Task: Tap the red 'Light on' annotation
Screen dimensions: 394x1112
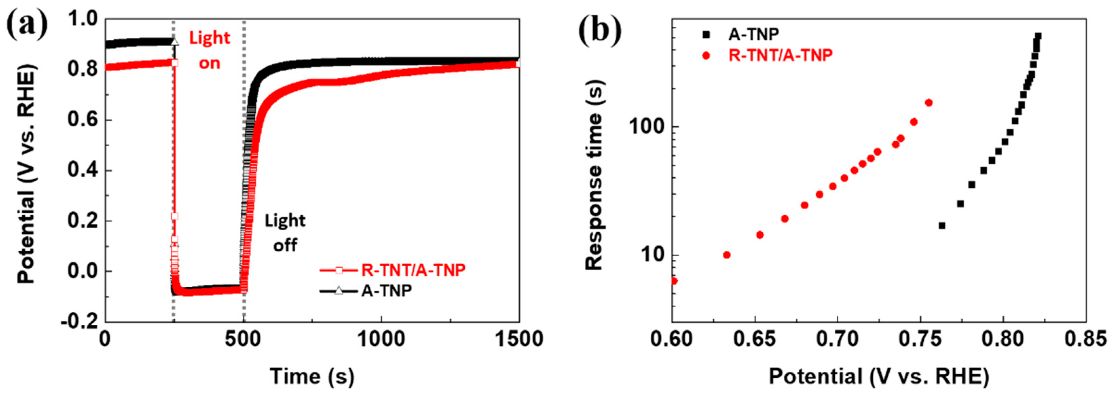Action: pos(210,51)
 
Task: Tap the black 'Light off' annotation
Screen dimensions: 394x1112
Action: pos(285,233)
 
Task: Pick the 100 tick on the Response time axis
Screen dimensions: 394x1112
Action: pos(645,127)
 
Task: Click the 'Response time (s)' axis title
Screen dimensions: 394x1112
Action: pos(594,175)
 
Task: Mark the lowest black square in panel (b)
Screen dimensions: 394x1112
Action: pos(942,226)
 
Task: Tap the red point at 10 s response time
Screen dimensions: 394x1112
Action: pos(726,255)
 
